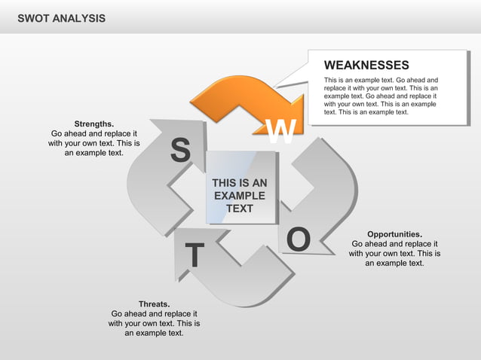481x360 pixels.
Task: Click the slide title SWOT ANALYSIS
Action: pos(61,17)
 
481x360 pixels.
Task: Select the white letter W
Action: pos(281,133)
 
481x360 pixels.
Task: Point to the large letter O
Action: pos(299,239)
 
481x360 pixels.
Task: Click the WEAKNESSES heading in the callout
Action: pos(366,66)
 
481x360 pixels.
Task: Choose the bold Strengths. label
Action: pos(94,123)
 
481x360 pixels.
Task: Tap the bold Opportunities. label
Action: pos(394,234)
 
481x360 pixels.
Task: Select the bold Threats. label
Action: pos(154,304)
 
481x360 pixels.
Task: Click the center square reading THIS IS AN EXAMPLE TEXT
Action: pos(240,188)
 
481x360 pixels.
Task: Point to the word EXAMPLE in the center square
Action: pos(240,195)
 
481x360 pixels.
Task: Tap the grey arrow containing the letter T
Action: pos(241,279)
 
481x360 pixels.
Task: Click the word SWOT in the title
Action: pos(35,17)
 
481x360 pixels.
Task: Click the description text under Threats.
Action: pos(154,323)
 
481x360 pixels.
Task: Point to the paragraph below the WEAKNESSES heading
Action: pos(381,96)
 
